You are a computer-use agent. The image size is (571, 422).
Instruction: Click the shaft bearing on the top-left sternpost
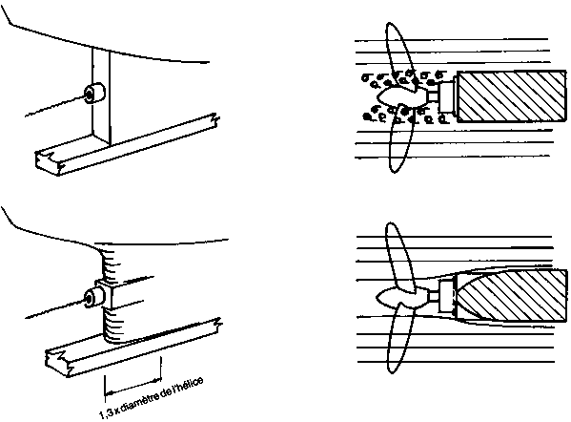pos(94,93)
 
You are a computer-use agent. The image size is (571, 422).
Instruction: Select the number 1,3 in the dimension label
pos(106,413)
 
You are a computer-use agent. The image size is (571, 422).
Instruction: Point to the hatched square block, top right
pos(512,95)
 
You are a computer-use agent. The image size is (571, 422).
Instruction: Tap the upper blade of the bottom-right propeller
pos(399,257)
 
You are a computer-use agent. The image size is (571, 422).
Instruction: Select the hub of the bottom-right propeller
pos(401,297)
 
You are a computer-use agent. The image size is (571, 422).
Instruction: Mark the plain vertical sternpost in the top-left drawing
pos(101,95)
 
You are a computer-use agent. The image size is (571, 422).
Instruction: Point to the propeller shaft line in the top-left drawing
pos(55,107)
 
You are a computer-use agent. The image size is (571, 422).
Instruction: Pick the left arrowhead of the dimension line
pos(109,393)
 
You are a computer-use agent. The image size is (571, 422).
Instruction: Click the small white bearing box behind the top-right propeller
pos(447,96)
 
